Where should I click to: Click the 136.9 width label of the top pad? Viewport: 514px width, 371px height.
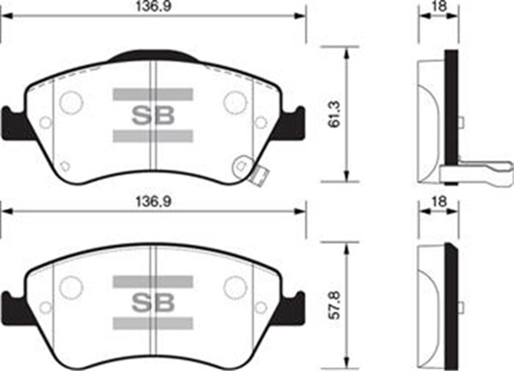[153, 7]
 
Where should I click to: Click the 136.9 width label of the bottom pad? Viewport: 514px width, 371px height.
[153, 201]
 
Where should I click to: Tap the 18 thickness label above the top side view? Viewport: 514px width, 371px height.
[439, 6]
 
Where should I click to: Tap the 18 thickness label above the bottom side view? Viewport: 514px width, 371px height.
[439, 201]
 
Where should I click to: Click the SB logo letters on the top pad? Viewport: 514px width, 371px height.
[153, 115]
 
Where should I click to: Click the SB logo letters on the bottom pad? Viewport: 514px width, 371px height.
[153, 302]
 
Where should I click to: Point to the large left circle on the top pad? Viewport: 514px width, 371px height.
[71, 103]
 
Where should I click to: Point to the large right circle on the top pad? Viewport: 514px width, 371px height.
[235, 103]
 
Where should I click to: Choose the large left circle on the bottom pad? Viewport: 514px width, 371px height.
[71, 287]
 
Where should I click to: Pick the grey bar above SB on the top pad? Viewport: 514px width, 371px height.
[153, 95]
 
